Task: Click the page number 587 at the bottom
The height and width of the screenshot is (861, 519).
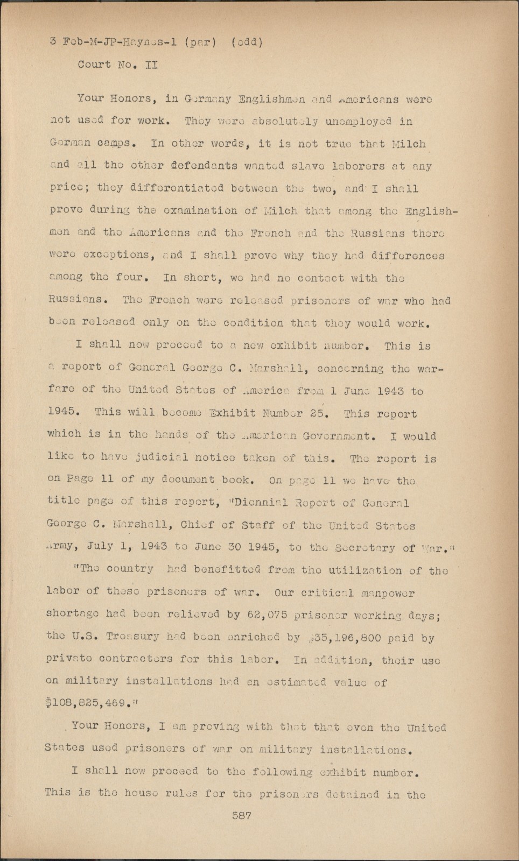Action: [x=242, y=816]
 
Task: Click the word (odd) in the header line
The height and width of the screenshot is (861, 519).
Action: [x=246, y=42]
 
